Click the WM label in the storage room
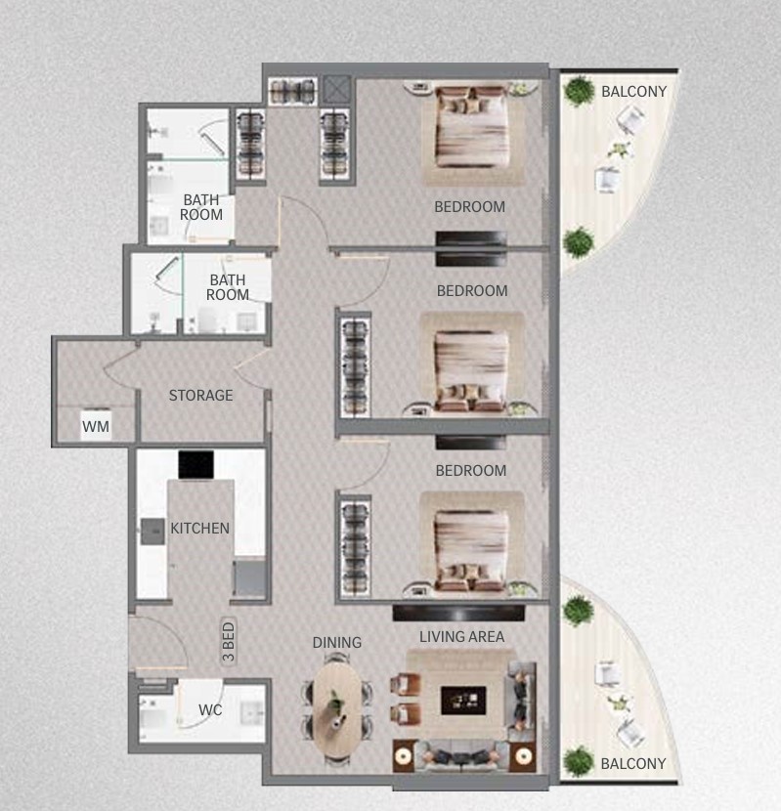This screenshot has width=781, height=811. (x=95, y=426)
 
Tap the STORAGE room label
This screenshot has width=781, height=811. (x=200, y=396)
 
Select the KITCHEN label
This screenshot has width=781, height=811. (x=200, y=529)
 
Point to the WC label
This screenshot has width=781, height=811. (x=210, y=710)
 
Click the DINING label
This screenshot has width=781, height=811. (x=337, y=642)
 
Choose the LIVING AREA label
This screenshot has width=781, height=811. (x=461, y=637)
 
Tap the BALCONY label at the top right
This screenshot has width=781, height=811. (x=633, y=92)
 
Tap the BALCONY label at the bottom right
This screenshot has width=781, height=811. (x=633, y=763)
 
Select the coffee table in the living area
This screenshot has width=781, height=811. (x=462, y=700)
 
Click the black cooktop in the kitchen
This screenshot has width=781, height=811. (x=195, y=465)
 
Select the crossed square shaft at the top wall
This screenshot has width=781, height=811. (x=337, y=91)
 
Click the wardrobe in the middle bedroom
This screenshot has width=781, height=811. (x=355, y=363)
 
